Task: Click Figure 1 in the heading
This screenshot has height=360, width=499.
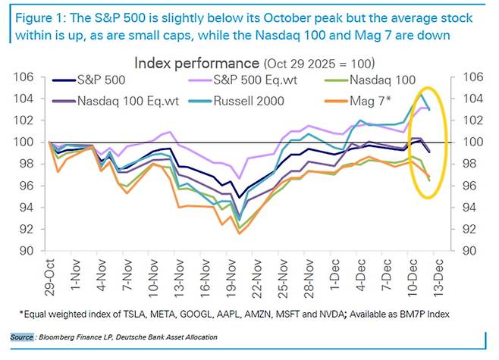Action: click(x=35, y=16)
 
